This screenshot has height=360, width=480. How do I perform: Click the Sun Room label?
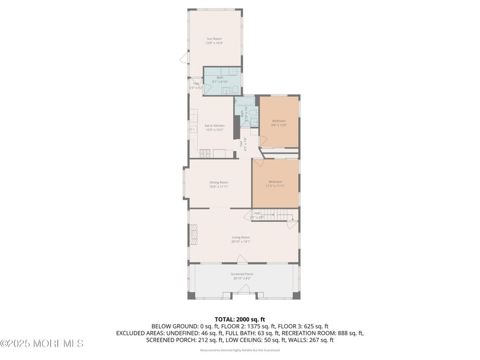214,39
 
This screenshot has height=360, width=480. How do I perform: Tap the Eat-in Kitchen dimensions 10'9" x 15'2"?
214,130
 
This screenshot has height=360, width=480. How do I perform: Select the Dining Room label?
219,182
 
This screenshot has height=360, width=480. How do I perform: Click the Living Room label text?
240,237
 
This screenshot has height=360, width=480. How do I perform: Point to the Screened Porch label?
242,274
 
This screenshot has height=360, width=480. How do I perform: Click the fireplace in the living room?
193,235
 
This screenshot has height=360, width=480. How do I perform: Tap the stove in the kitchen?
206,154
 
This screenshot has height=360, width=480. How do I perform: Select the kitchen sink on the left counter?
193,129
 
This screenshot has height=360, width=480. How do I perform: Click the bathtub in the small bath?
244,101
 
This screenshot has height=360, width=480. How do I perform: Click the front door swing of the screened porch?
244,292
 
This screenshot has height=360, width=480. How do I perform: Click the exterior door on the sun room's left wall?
183,58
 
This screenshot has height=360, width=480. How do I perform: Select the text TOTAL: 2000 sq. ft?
240,319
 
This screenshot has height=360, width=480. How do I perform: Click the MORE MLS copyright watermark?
42,344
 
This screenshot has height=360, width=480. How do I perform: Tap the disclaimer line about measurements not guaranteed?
240,350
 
